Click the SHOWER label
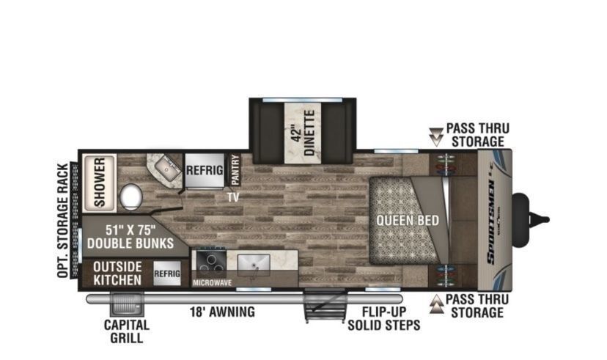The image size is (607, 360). [x=100, y=182]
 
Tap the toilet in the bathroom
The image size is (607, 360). [x=130, y=196]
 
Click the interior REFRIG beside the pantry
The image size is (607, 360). [x=205, y=170]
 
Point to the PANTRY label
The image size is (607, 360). [x=235, y=169]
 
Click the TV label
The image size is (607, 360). [x=233, y=197]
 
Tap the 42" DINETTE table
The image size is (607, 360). [x=303, y=133]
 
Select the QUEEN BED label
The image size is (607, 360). [x=408, y=221]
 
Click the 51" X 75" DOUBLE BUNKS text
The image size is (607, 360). [x=130, y=237]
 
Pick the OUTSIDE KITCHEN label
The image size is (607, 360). [x=117, y=273]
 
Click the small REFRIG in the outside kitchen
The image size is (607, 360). [x=167, y=273]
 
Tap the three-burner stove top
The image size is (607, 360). [x=211, y=262]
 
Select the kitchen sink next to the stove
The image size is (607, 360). [x=254, y=263]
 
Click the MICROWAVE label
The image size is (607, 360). [x=212, y=283]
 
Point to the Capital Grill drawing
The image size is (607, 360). [x=127, y=304]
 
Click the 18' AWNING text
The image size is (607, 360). [x=222, y=312]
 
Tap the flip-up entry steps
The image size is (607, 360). [x=325, y=306]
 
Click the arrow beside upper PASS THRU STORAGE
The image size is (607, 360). [x=437, y=137]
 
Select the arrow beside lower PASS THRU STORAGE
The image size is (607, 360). [x=437, y=304]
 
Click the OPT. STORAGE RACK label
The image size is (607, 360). [x=63, y=220]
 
